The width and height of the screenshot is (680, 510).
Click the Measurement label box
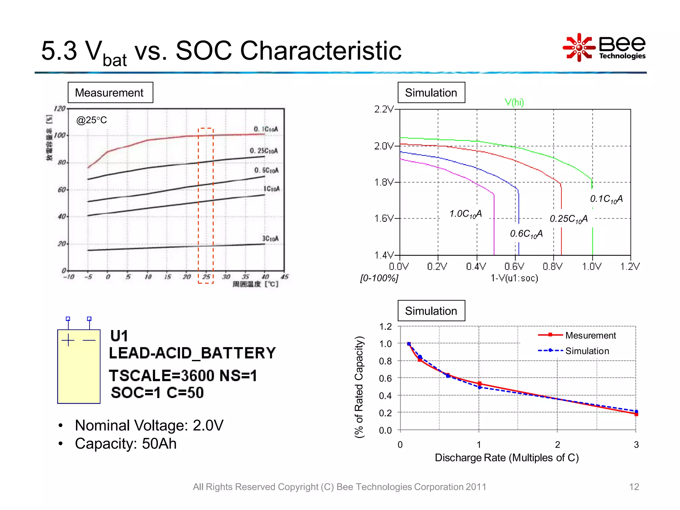coord(110,93)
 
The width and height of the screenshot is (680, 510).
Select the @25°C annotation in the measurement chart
coord(91,120)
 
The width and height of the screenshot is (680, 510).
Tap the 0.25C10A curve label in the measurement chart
coord(264,151)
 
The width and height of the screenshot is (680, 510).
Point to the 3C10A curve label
coord(270,238)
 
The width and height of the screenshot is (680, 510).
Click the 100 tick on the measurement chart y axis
coord(60,135)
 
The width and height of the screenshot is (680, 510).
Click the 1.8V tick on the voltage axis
coord(384,182)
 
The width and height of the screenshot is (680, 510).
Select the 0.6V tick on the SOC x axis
coord(514,266)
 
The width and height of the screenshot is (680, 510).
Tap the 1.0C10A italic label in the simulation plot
coord(465,214)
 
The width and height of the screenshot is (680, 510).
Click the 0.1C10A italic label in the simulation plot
coord(606,199)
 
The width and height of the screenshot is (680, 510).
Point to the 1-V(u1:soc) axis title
coord(514,278)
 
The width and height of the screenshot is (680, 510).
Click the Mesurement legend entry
coord(590,335)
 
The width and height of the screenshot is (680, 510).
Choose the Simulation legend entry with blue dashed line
coord(587,351)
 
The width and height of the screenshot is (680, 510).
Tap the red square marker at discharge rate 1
coord(479,383)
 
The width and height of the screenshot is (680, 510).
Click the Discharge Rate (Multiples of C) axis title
coord(507,458)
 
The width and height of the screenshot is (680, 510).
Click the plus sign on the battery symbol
coord(68,340)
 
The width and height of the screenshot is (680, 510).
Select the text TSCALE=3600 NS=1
coord(183,376)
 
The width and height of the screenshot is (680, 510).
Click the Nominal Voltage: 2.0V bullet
coord(149,425)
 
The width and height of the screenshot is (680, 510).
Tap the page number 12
coord(634,487)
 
